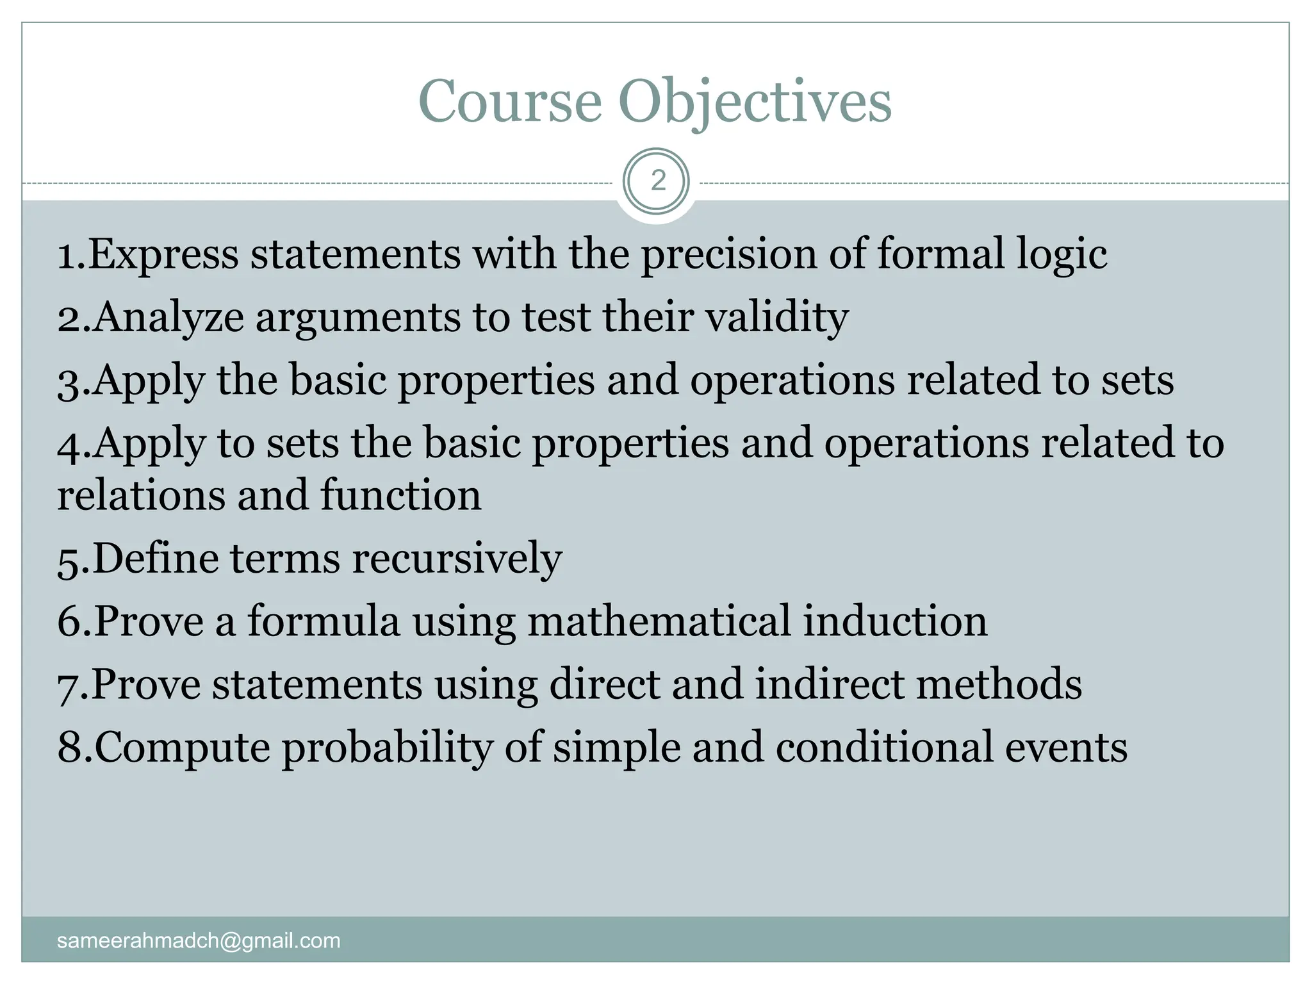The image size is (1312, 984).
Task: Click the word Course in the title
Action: tap(510, 101)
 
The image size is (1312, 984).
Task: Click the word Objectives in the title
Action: tap(755, 102)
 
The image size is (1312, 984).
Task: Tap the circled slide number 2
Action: tap(657, 182)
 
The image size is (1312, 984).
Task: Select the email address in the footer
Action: tap(199, 940)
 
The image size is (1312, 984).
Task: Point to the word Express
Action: tap(163, 254)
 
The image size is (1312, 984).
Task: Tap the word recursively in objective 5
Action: tap(457, 559)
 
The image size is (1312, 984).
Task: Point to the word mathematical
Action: tap(659, 621)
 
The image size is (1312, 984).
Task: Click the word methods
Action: tap(999, 684)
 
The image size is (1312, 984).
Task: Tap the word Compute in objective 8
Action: tap(183, 748)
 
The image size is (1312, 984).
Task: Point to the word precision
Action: tap(729, 254)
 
